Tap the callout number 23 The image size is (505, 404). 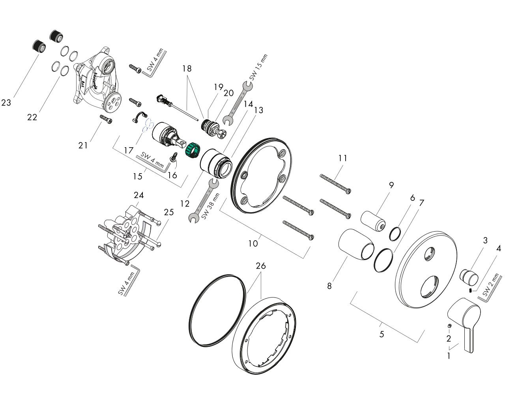pyautogui.click(x=6, y=103)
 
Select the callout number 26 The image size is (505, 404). pyautogui.click(x=260, y=266)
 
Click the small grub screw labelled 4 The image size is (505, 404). pyautogui.click(x=471, y=291)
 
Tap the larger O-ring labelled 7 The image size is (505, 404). pyautogui.click(x=383, y=260)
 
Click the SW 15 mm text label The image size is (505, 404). pyautogui.click(x=258, y=67)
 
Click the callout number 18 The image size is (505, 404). pyautogui.click(x=187, y=68)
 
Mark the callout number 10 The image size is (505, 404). pyautogui.click(x=253, y=243)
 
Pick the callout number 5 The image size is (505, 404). pyautogui.click(x=382, y=335)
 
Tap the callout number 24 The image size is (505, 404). pyautogui.click(x=138, y=195)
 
